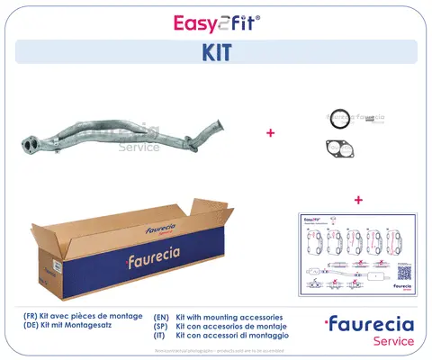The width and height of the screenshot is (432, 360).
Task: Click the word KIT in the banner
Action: point(215,53)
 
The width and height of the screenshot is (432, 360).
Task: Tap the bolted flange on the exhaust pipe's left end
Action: point(31,143)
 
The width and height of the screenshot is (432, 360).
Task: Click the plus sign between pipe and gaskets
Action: point(270,133)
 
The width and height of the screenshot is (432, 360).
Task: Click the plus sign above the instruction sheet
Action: point(358,199)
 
